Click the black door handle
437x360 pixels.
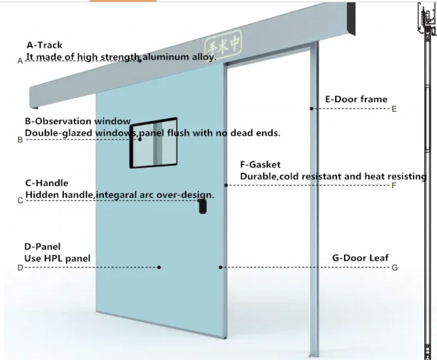[x=203, y=206]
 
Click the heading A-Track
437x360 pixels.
[x=44, y=45]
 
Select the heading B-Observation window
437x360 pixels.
[x=78, y=121]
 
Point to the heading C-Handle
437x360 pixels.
[x=46, y=183]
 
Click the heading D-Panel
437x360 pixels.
[x=42, y=247]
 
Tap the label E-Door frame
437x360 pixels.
[x=356, y=99]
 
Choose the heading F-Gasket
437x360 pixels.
[x=260, y=164]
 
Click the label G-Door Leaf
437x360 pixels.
[x=360, y=257]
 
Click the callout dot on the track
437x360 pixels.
[x=140, y=60]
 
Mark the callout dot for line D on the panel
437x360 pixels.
[x=159, y=267]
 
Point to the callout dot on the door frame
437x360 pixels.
[x=312, y=109]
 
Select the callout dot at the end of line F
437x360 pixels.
[x=226, y=185]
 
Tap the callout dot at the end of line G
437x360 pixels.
[x=220, y=267]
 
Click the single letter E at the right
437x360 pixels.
[x=394, y=109]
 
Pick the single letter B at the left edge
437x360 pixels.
[x=20, y=140]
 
